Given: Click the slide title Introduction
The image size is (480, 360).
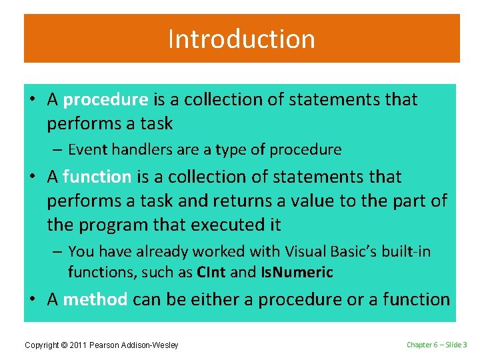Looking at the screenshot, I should coord(241,39).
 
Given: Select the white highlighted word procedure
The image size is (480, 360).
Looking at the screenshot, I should coord(105,100).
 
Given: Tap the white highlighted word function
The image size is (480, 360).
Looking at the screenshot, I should coord(97,177).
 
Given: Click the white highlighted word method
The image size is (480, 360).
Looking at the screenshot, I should coord(95,300).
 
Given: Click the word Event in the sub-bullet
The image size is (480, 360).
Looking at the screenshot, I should coord(87,150).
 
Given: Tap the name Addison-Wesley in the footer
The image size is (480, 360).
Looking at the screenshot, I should coord(152,345).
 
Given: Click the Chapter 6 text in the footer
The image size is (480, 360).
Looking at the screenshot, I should coord(423,345).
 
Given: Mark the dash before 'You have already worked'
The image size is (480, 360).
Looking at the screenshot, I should coord(57,251).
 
